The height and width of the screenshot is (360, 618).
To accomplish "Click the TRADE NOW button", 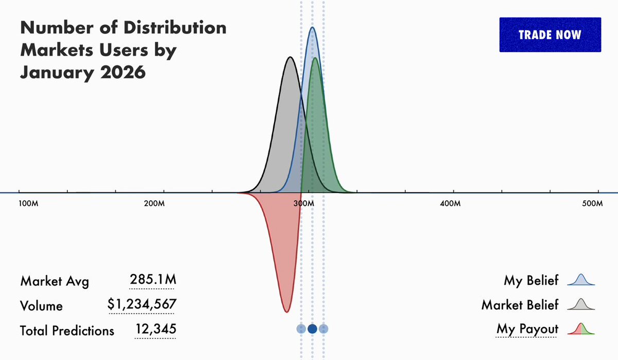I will point(550,35).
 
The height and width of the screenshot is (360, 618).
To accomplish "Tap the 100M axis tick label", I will point(28,203).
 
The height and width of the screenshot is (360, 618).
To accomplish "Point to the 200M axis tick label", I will point(154,203).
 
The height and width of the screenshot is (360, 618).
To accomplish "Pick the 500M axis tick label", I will point(593,203).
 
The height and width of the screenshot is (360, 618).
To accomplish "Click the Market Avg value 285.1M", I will point(153,281).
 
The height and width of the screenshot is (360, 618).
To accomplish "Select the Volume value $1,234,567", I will point(142,305).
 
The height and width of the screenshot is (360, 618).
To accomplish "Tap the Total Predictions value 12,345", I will point(156,329).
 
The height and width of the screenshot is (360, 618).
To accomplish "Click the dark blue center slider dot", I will point(312,329).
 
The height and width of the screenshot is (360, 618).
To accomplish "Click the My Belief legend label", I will point(531,281).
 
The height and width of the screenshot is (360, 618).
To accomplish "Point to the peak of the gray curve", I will point(290,57).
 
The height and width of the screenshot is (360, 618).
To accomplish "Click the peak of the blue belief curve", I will point(312,28).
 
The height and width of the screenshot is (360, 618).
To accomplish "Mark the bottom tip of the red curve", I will point(287,312).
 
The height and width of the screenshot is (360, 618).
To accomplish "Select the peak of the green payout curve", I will point(315,58).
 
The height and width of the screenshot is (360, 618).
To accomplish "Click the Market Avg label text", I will point(55,281).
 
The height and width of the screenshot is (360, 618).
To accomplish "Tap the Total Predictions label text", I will point(67,330).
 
